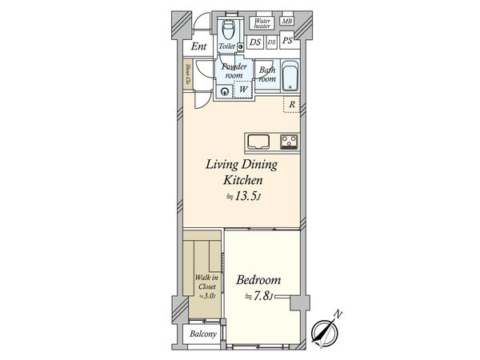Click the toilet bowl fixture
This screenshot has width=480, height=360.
click(228, 30)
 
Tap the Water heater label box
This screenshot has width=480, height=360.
click(262, 23)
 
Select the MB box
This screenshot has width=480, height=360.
click(287, 21)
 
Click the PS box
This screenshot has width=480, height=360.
click(287, 40)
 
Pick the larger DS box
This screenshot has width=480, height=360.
click(254, 42)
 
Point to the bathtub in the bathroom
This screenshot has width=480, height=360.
click(290, 76)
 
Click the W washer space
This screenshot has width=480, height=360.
click(243, 90)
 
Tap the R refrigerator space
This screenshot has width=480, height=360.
click(291, 104)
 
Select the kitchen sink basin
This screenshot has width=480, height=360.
click(258, 142)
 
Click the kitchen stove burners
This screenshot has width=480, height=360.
click(289, 142)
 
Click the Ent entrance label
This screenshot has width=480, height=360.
click(199, 46)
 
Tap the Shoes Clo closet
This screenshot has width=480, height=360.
click(188, 75)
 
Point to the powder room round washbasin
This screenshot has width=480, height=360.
click(225, 91)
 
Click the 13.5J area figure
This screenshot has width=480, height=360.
click(244, 196)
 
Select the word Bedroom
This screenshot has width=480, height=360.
click(258, 280)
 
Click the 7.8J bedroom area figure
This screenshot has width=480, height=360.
click(258, 296)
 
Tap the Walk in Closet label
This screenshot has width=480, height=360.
click(206, 282)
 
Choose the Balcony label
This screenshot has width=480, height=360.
click(203, 334)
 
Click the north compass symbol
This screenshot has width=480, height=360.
click(326, 330)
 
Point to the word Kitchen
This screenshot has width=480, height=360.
click(242, 180)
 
